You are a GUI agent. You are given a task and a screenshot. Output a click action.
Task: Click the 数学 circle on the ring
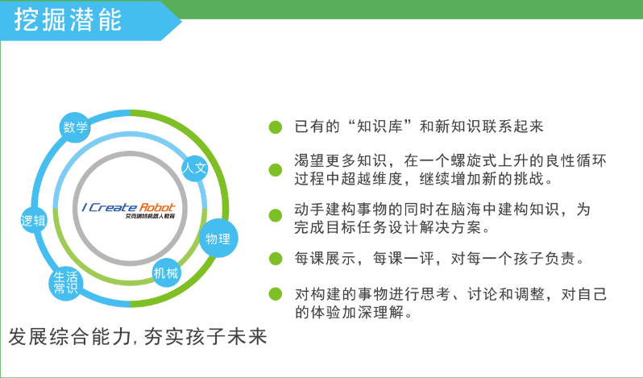[x=75, y=127]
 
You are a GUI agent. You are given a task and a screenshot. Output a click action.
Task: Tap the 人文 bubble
[x=194, y=168]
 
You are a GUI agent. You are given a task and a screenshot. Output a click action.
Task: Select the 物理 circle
[x=218, y=239]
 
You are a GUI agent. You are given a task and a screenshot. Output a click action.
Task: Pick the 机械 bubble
[x=166, y=273]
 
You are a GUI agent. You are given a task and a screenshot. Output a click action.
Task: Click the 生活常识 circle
[x=65, y=283]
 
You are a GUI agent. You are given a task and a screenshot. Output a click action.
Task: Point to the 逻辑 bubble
[x=34, y=221]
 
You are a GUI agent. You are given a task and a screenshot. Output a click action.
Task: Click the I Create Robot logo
[x=129, y=210]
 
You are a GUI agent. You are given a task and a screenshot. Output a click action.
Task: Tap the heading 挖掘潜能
[x=68, y=19]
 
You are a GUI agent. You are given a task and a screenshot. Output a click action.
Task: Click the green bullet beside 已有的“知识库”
[x=275, y=127]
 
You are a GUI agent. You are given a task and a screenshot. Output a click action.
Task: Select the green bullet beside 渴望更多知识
[x=275, y=170]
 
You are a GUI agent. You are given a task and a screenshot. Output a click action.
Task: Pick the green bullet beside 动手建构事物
[x=275, y=216]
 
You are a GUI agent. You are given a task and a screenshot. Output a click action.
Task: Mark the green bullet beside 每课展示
[x=275, y=259]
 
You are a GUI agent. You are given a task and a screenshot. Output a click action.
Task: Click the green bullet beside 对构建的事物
[x=275, y=294]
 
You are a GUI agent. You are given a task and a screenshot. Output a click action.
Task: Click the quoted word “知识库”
[x=380, y=127]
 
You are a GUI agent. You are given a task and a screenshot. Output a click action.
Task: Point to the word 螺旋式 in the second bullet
[x=474, y=160]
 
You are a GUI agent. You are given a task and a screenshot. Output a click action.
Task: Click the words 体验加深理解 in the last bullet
[x=357, y=313]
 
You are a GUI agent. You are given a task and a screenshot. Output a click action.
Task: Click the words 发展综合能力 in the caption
[x=69, y=337]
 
